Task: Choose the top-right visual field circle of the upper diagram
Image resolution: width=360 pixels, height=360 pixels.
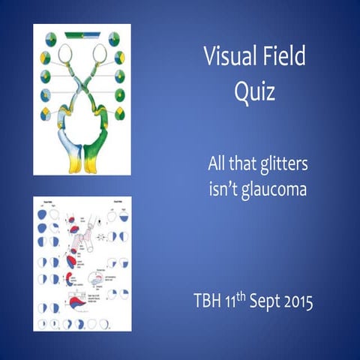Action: (x=114, y=38)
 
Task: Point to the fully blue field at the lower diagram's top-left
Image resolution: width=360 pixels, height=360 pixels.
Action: (x=43, y=214)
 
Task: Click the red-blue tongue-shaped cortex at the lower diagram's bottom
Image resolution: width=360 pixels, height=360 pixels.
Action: (x=79, y=304)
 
